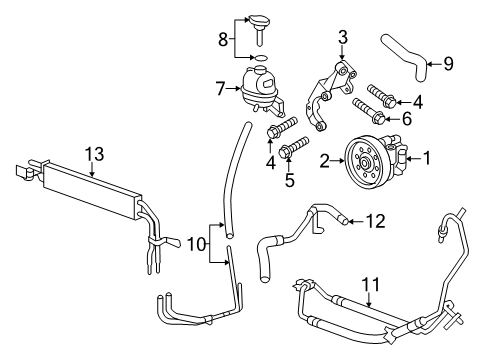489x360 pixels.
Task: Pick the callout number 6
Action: point(408,119)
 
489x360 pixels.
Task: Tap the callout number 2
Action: point(325,158)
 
